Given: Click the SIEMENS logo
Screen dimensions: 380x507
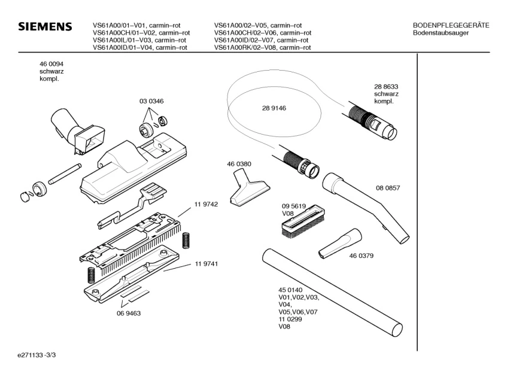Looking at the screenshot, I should click(x=45, y=28).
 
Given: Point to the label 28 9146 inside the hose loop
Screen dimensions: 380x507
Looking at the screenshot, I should click(x=274, y=108).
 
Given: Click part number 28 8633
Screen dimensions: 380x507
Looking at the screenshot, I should click(x=386, y=86).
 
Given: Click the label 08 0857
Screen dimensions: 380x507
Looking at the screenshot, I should click(x=388, y=188).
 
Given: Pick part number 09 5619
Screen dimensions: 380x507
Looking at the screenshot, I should click(x=294, y=206).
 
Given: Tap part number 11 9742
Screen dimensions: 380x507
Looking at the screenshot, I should click(x=205, y=204).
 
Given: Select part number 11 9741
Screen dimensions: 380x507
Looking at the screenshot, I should click(x=205, y=264).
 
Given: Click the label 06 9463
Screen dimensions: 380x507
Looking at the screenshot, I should click(x=128, y=313).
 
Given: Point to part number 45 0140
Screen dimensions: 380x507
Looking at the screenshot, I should click(x=290, y=290).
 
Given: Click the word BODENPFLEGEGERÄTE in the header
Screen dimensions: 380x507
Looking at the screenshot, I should click(x=451, y=25).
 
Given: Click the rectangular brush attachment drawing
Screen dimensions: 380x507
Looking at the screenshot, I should click(x=302, y=222).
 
